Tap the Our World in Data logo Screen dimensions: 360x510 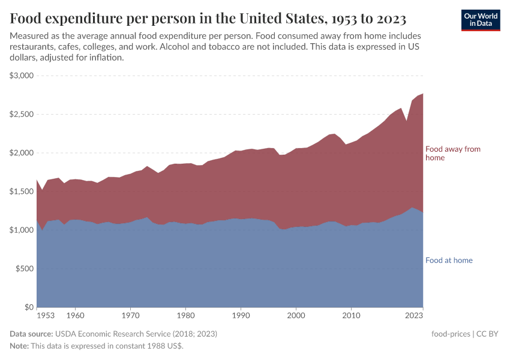[480, 20]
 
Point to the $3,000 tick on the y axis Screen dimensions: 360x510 [22, 76]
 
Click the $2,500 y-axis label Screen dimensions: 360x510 [22, 114]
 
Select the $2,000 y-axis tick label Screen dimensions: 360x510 [22, 153]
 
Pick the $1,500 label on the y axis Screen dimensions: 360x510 [22, 191]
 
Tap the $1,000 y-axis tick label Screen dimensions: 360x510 [22, 230]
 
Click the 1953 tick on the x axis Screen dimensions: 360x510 [46, 314]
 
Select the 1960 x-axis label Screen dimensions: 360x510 [75, 314]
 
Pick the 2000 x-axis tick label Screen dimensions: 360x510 [296, 314]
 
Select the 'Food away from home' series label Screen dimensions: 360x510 [452, 153]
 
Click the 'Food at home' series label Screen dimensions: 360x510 [449, 260]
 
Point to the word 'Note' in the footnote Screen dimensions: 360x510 [19, 346]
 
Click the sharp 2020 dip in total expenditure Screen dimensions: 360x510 [406, 121]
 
